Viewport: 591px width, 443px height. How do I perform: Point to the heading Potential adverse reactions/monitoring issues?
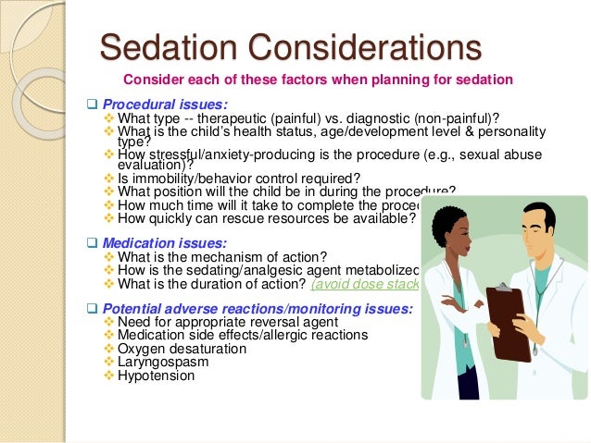(x=258, y=308)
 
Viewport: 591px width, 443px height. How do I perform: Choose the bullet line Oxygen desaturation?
(x=182, y=349)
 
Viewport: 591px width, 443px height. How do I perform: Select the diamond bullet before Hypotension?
(x=110, y=376)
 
